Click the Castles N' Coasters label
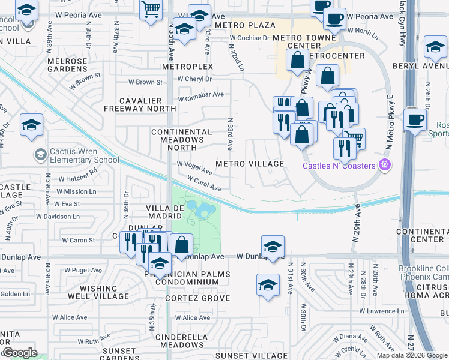(x=339, y=166)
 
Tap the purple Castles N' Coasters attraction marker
(x=385, y=165)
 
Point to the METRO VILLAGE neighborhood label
(x=250, y=164)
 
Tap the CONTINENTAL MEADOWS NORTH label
(x=181, y=139)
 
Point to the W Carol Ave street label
(x=203, y=184)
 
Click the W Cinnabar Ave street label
(x=200, y=94)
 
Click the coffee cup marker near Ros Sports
(x=415, y=118)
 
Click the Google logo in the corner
(x=20, y=353)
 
